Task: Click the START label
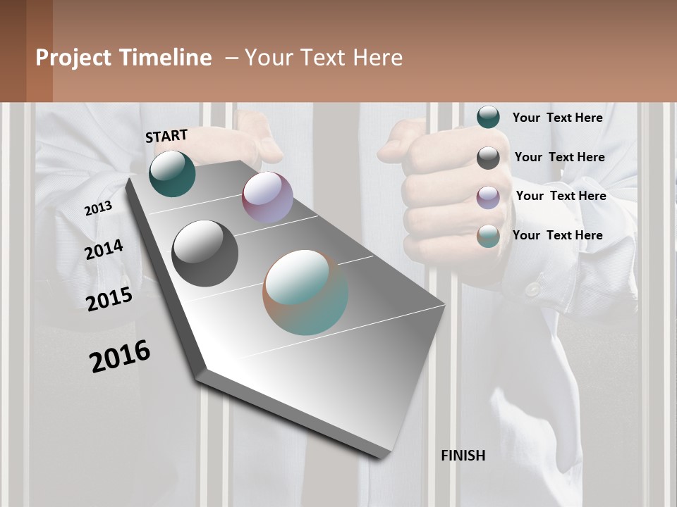pyautogui.click(x=166, y=136)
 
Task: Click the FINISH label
pyautogui.click(x=463, y=456)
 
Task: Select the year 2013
pyautogui.click(x=98, y=208)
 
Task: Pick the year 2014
pyautogui.click(x=104, y=250)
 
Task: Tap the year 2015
pyautogui.click(x=109, y=299)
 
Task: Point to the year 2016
pyautogui.click(x=120, y=356)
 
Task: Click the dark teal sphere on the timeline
pyautogui.click(x=172, y=173)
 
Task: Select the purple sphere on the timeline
pyautogui.click(x=267, y=197)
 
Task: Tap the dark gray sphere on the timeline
pyautogui.click(x=205, y=254)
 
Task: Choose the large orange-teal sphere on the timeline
pyautogui.click(x=305, y=292)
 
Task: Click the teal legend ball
pyautogui.click(x=488, y=117)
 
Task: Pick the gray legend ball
pyautogui.click(x=488, y=158)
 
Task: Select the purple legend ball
pyautogui.click(x=488, y=197)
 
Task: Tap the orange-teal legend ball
pyautogui.click(x=488, y=237)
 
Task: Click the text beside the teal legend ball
pyautogui.click(x=557, y=118)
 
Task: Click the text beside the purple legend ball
pyautogui.click(x=561, y=196)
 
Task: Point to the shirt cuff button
pyautogui.click(x=532, y=289)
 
